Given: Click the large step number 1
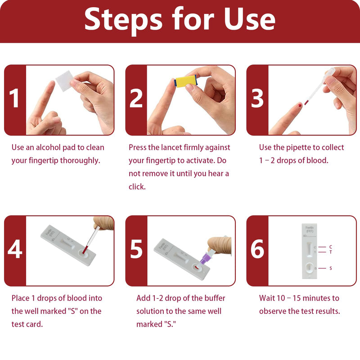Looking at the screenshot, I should [15, 99].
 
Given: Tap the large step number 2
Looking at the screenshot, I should [136, 99].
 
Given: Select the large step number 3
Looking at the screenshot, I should [257, 99].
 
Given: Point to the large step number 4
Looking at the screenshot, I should [15, 250].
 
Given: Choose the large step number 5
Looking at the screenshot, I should [136, 250].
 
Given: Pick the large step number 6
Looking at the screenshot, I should [257, 250].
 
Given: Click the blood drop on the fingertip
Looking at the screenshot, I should [299, 106].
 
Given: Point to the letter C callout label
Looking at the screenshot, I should [331, 247].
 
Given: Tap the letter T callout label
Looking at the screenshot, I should [331, 252].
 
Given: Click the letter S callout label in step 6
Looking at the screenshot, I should [331, 268].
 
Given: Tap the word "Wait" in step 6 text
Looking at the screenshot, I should [268, 298].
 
